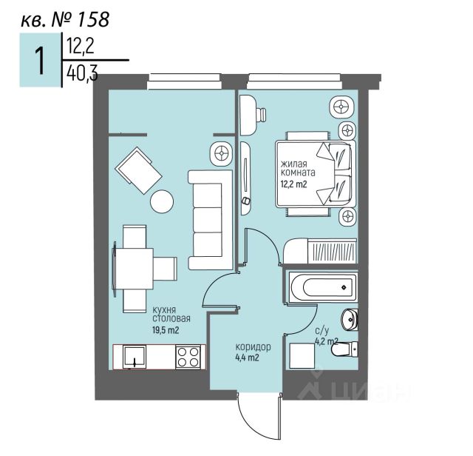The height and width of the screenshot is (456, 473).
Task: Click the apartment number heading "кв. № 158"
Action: click(64, 18)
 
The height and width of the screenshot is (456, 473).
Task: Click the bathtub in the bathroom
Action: click(321, 287)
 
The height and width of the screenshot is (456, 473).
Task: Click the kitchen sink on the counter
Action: click(134, 358)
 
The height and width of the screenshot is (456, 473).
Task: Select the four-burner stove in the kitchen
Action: click(188, 357)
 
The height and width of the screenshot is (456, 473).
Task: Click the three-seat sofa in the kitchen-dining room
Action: click(205, 219)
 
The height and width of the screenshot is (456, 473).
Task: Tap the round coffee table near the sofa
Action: click(162, 201)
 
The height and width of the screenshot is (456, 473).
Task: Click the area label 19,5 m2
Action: click(166, 331)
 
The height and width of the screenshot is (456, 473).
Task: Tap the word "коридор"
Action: click(253, 346)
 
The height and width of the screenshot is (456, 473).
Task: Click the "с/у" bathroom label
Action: click(321, 331)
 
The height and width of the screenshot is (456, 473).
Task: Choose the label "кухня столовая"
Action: click(166, 314)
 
